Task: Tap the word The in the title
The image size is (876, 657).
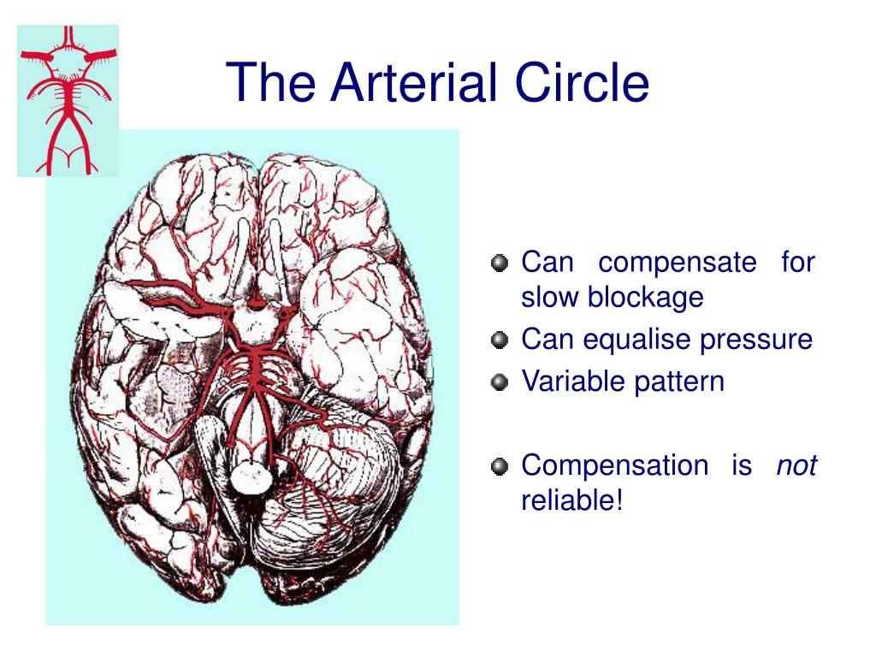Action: pos(273,84)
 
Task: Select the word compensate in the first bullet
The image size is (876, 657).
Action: pos(677,262)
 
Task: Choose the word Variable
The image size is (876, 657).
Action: pos(573,382)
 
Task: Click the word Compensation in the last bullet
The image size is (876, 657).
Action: pos(614,465)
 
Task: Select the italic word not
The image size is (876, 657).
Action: pos(796,465)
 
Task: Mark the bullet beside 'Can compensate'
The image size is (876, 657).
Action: pos(500,263)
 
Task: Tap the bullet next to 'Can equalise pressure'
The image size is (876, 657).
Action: pos(500,340)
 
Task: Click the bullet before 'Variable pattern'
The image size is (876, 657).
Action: pos(500,382)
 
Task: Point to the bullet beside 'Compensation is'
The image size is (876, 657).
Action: pos(500,467)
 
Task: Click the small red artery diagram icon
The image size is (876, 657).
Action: pos(68,100)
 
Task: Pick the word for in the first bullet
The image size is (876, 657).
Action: pos(797,262)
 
